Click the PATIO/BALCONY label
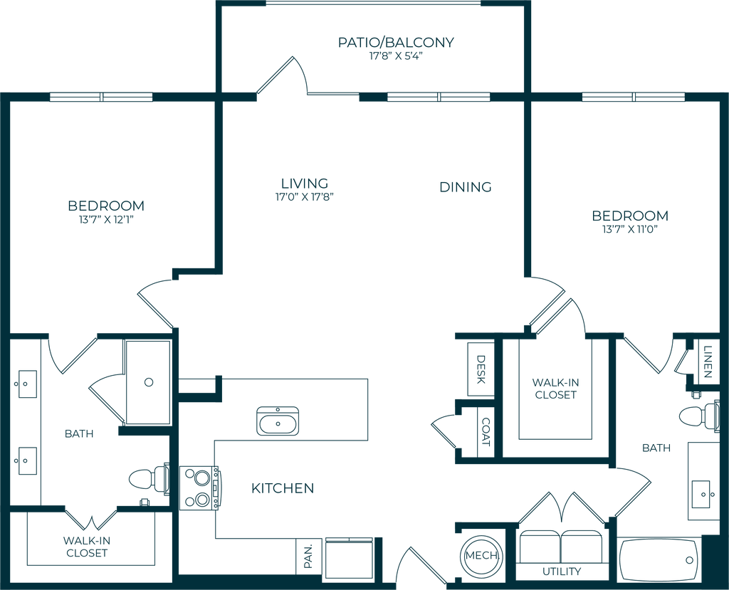tap(396, 43)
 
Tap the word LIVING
tap(304, 181)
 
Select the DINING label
tap(466, 187)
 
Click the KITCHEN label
tap(283, 488)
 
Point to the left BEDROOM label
tap(107, 206)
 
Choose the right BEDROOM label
tap(631, 216)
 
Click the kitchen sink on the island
tap(278, 421)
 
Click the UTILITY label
tap(562, 571)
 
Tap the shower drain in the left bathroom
tap(148, 382)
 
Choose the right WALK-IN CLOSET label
tap(555, 389)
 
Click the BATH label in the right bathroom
tap(656, 448)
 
